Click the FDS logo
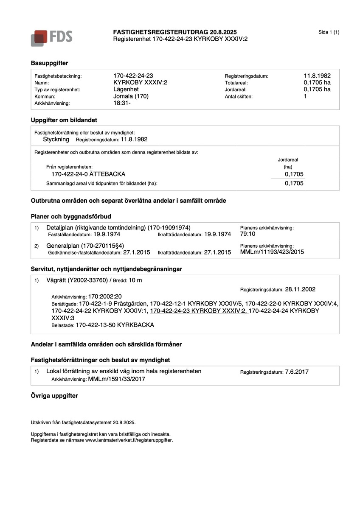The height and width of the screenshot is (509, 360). [x=51, y=37]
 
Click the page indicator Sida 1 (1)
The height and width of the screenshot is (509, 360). [x=329, y=33]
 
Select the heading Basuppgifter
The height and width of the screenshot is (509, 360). [x=49, y=63]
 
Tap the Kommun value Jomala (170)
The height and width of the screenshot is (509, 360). [x=131, y=96]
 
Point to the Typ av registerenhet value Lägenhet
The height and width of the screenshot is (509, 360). [x=126, y=89]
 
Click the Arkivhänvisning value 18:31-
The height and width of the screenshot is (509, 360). [x=122, y=103]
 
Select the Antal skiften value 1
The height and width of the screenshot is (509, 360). [x=305, y=96]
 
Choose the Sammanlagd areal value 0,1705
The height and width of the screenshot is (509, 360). [x=294, y=184]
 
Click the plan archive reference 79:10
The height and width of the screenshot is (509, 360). [x=248, y=234]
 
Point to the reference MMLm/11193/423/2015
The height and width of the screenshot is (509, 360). [x=272, y=252]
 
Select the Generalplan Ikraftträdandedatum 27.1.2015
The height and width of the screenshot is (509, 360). [x=217, y=252]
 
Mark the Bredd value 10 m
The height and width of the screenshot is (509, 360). [x=135, y=280]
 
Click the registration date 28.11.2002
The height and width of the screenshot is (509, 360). [x=300, y=290]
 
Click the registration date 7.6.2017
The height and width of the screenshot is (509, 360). [x=297, y=372]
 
